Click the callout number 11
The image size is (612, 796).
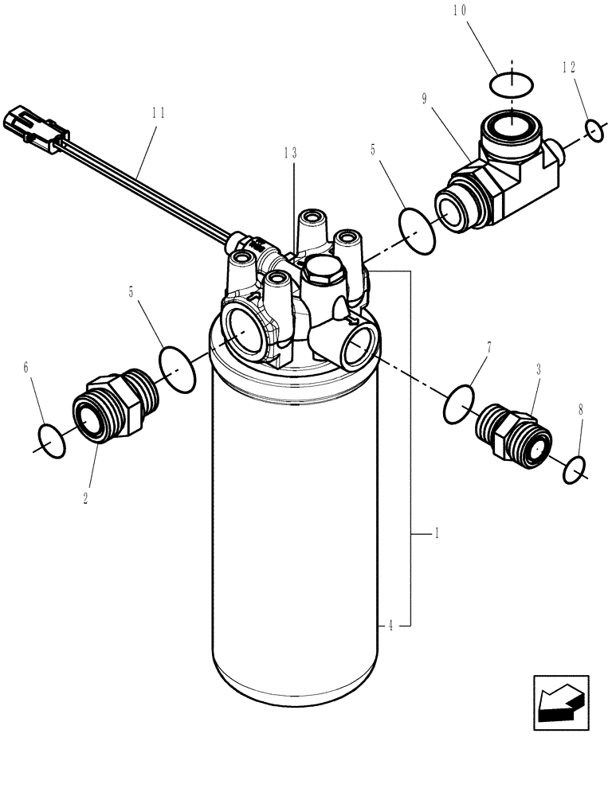[x=158, y=112]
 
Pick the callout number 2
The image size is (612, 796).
[x=86, y=498]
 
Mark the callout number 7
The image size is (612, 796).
[x=488, y=348]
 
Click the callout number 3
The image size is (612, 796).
[x=539, y=370]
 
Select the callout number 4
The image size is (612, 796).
[x=390, y=626]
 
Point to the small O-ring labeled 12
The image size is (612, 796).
[x=593, y=129]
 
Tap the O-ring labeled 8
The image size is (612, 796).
[x=575, y=470]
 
